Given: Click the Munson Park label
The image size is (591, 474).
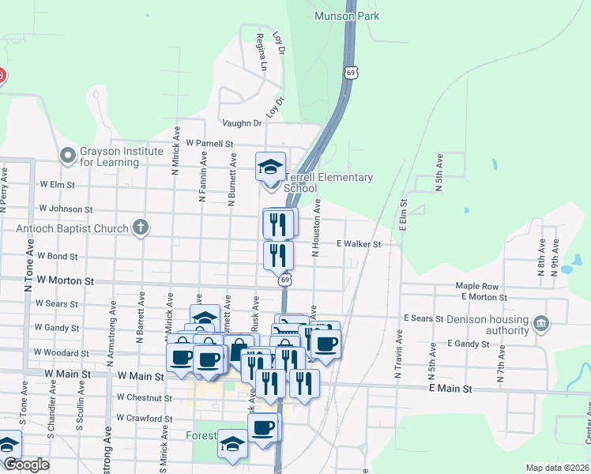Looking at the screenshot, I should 346,16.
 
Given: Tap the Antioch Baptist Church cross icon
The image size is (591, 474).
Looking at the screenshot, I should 141,228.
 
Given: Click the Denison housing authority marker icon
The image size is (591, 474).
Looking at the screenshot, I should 541,323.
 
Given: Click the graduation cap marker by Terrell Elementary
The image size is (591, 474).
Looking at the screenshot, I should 271,166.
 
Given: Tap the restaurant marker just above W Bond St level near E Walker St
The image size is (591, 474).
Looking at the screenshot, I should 277,254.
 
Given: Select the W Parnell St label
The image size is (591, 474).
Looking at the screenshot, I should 210,144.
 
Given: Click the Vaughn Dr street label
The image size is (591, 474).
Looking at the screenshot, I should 241,123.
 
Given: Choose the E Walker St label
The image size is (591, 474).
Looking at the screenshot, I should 359,245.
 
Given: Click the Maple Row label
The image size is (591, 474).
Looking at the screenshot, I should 476,286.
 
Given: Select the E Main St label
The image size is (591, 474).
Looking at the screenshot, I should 450,389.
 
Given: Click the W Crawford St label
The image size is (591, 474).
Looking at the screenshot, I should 144,418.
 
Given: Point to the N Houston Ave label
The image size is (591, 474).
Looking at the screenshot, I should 315,228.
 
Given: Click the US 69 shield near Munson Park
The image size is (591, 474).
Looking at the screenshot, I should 349,73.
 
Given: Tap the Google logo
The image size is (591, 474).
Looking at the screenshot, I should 26,465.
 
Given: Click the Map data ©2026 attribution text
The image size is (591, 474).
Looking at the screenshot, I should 558,468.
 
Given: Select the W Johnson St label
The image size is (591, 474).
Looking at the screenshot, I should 65,209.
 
